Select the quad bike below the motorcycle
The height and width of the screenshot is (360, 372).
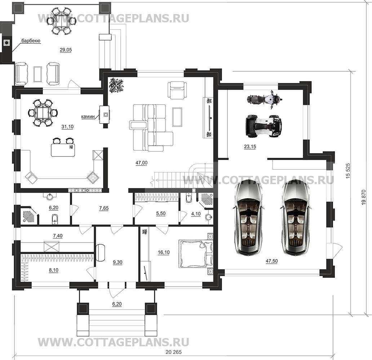pyautogui.click(x=263, y=126)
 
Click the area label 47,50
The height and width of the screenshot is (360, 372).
pyautogui.click(x=272, y=261)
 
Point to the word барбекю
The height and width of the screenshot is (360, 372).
pyautogui.click(x=31, y=41)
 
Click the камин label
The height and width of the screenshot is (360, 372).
pyautogui.click(x=88, y=116)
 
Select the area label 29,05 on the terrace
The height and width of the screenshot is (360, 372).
pyautogui.click(x=66, y=50)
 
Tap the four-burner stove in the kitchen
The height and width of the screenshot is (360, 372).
pyautogui.click(x=92, y=177)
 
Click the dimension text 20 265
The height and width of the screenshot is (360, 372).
pyautogui.click(x=174, y=352)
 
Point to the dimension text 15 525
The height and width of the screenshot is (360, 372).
pyautogui.click(x=348, y=171)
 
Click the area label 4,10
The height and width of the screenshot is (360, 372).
pyautogui.click(x=196, y=214)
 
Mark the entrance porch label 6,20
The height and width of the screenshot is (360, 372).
pyautogui.click(x=117, y=304)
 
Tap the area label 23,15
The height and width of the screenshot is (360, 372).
pyautogui.click(x=250, y=147)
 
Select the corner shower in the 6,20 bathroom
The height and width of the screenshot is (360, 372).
pyautogui.click(x=29, y=215)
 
